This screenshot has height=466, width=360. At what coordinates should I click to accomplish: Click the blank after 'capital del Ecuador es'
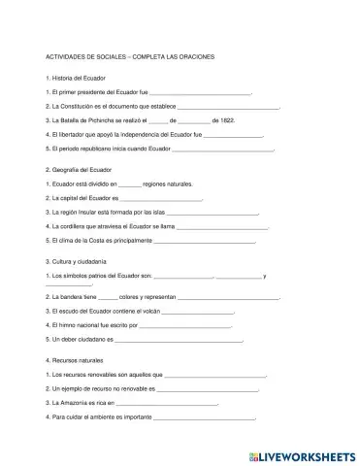pos(160,197)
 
